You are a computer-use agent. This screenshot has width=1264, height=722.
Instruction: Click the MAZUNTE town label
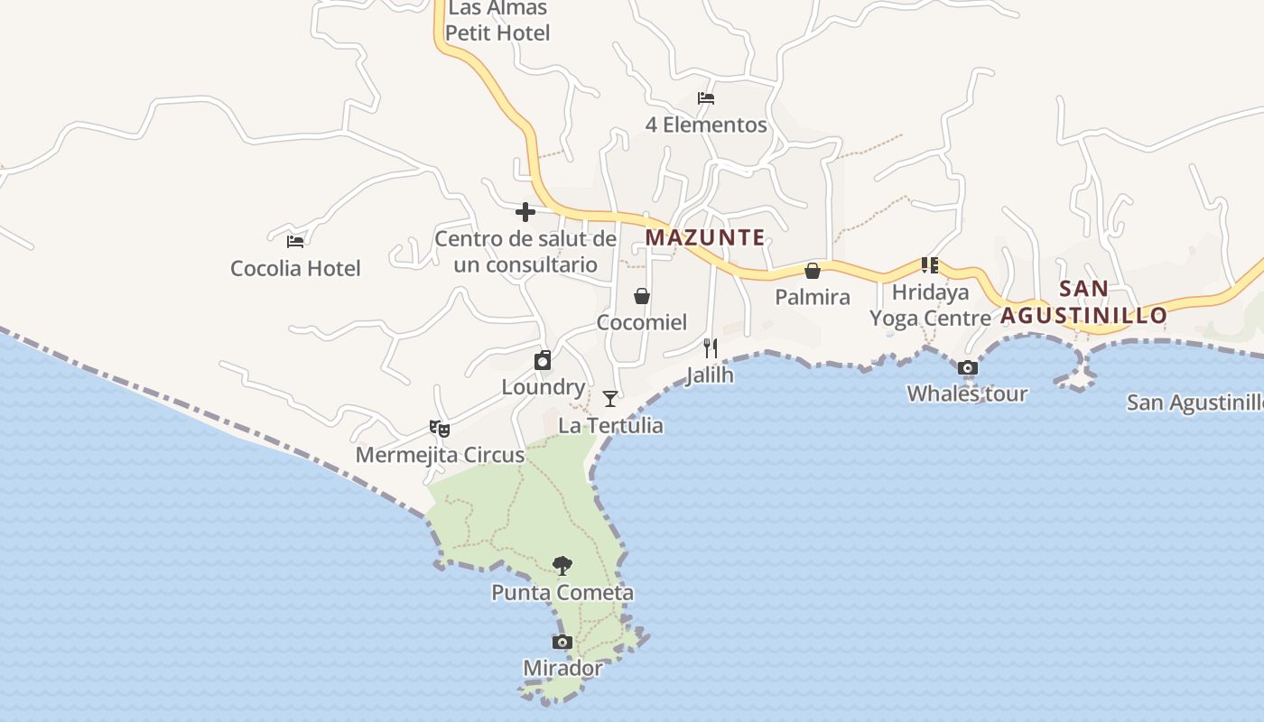point(705,238)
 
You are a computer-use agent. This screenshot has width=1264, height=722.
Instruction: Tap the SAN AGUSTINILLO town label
point(1083,302)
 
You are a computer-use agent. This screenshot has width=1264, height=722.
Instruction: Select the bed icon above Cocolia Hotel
point(295,241)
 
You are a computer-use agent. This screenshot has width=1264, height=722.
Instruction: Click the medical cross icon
point(525,212)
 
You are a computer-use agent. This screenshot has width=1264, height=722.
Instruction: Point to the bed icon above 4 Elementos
point(706,97)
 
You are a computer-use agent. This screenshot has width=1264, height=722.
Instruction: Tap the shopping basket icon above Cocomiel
point(642,295)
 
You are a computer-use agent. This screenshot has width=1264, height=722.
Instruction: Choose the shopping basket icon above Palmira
point(813,270)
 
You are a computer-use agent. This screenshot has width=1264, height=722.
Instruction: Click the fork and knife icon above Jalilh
point(711,347)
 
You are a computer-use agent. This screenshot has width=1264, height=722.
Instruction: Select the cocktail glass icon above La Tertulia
point(610,398)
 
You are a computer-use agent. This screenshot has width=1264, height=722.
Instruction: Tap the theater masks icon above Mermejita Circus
point(440,428)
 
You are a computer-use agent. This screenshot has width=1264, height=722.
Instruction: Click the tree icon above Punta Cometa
point(562,566)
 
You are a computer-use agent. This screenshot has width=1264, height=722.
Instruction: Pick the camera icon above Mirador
point(562,642)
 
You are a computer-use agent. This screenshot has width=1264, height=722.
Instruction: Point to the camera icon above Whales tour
point(968,367)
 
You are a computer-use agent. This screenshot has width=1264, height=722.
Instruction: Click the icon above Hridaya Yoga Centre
point(930,265)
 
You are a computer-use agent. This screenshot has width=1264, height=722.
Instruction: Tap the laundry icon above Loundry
point(543,360)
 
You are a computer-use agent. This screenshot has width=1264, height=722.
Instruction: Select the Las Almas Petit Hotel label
point(498,21)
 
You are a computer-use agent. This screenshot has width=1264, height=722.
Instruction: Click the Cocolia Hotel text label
point(295,268)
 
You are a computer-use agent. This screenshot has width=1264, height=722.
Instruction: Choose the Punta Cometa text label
point(562,593)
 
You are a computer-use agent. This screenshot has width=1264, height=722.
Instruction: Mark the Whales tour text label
point(967,393)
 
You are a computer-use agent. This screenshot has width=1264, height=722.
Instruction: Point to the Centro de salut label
point(525,252)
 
